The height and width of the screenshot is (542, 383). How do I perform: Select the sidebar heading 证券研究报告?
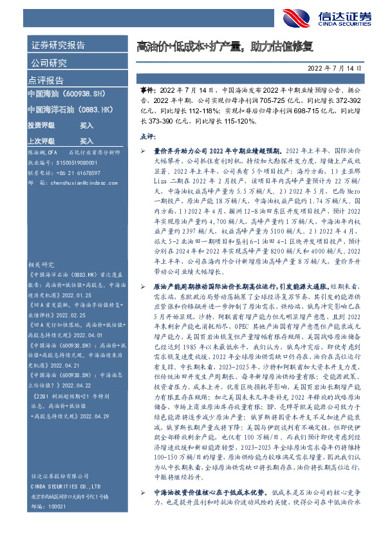[x=58, y=46]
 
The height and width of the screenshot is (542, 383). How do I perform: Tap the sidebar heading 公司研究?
[x=49, y=63]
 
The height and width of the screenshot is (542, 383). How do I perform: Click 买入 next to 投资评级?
[x=87, y=126]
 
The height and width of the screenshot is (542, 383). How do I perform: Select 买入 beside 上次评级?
[x=87, y=140]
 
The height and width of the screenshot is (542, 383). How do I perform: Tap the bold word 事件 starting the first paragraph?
[x=147, y=93]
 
